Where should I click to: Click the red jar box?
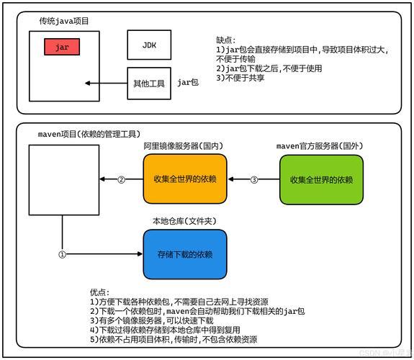(61, 48)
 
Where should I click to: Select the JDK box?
(149, 45)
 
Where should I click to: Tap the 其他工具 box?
(149, 83)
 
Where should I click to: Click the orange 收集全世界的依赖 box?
(185, 179)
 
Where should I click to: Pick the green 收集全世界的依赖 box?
(321, 179)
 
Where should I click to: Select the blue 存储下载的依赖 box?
(185, 254)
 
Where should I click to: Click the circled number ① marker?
(62, 254)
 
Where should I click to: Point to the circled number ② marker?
(121, 179)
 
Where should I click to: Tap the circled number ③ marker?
(253, 179)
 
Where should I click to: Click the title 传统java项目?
(64, 22)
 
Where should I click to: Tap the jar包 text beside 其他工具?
(188, 83)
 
